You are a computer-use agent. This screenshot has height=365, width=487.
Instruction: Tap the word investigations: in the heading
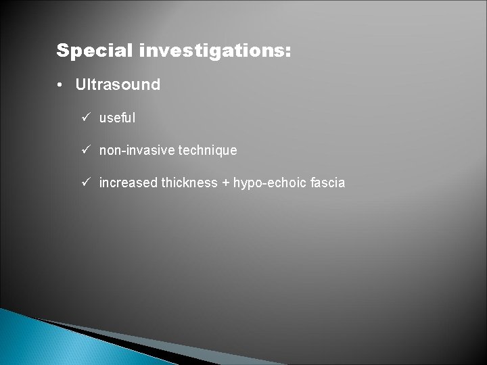click(213, 51)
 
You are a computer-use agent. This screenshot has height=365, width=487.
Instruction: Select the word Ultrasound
click(118, 85)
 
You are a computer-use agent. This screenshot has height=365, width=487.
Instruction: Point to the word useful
click(117, 118)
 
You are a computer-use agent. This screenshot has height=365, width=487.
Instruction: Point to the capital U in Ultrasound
click(81, 85)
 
